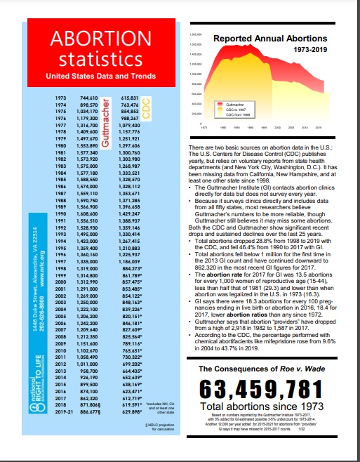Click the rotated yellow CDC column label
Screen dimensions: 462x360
146,107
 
